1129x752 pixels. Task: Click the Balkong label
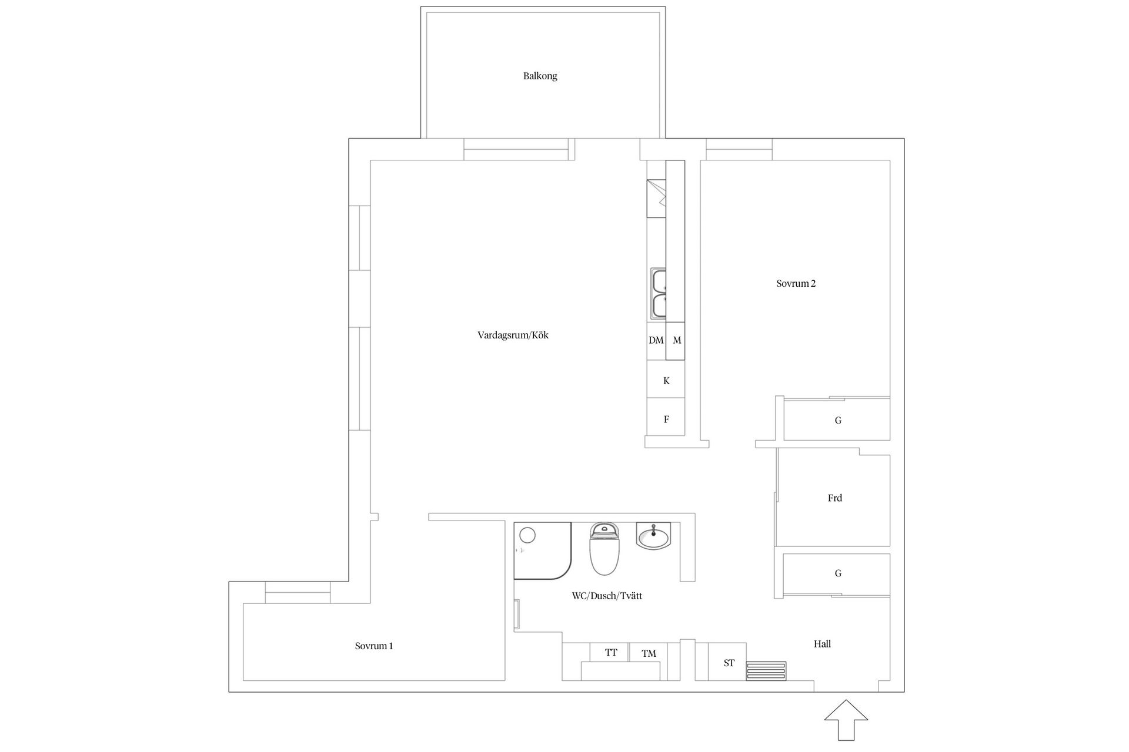540,76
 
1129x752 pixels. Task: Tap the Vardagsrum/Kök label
513,335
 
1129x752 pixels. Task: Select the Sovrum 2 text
796,283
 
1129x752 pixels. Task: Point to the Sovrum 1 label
373,646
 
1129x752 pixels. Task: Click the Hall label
822,644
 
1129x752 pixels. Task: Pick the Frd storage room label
834,498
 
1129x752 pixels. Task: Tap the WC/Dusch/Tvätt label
607,596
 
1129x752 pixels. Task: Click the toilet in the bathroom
605,549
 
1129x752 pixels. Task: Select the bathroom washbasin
653,536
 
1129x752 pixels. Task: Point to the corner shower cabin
542,550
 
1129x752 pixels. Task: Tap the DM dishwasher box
656,341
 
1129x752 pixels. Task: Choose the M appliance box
676,341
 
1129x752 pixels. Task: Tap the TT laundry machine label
611,652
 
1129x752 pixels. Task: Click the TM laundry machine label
649,653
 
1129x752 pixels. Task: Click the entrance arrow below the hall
846,720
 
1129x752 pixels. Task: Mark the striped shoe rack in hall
766,671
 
